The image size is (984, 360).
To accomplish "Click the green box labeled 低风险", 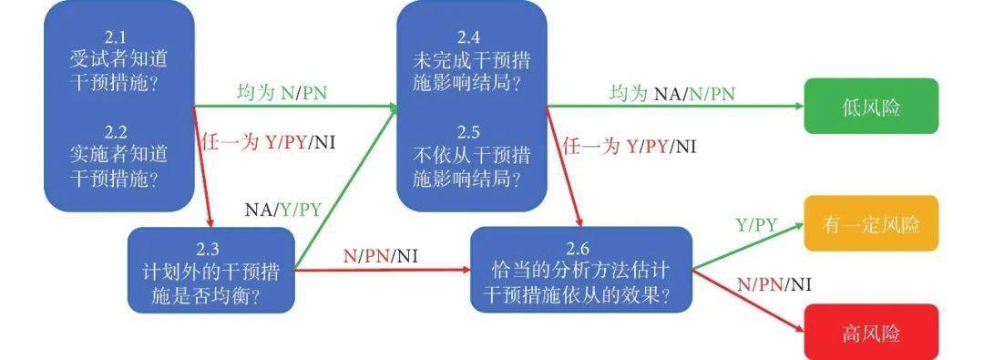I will point(870,107).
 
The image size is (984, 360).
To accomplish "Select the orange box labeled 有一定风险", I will point(870,223).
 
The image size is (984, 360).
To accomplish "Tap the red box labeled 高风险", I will point(870,332).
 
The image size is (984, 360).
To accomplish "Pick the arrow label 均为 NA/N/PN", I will point(672,93).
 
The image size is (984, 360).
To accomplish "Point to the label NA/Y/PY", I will point(282,209).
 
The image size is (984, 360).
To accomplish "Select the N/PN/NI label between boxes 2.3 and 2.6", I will point(381,256).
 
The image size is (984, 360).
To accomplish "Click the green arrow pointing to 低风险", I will point(674,107).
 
